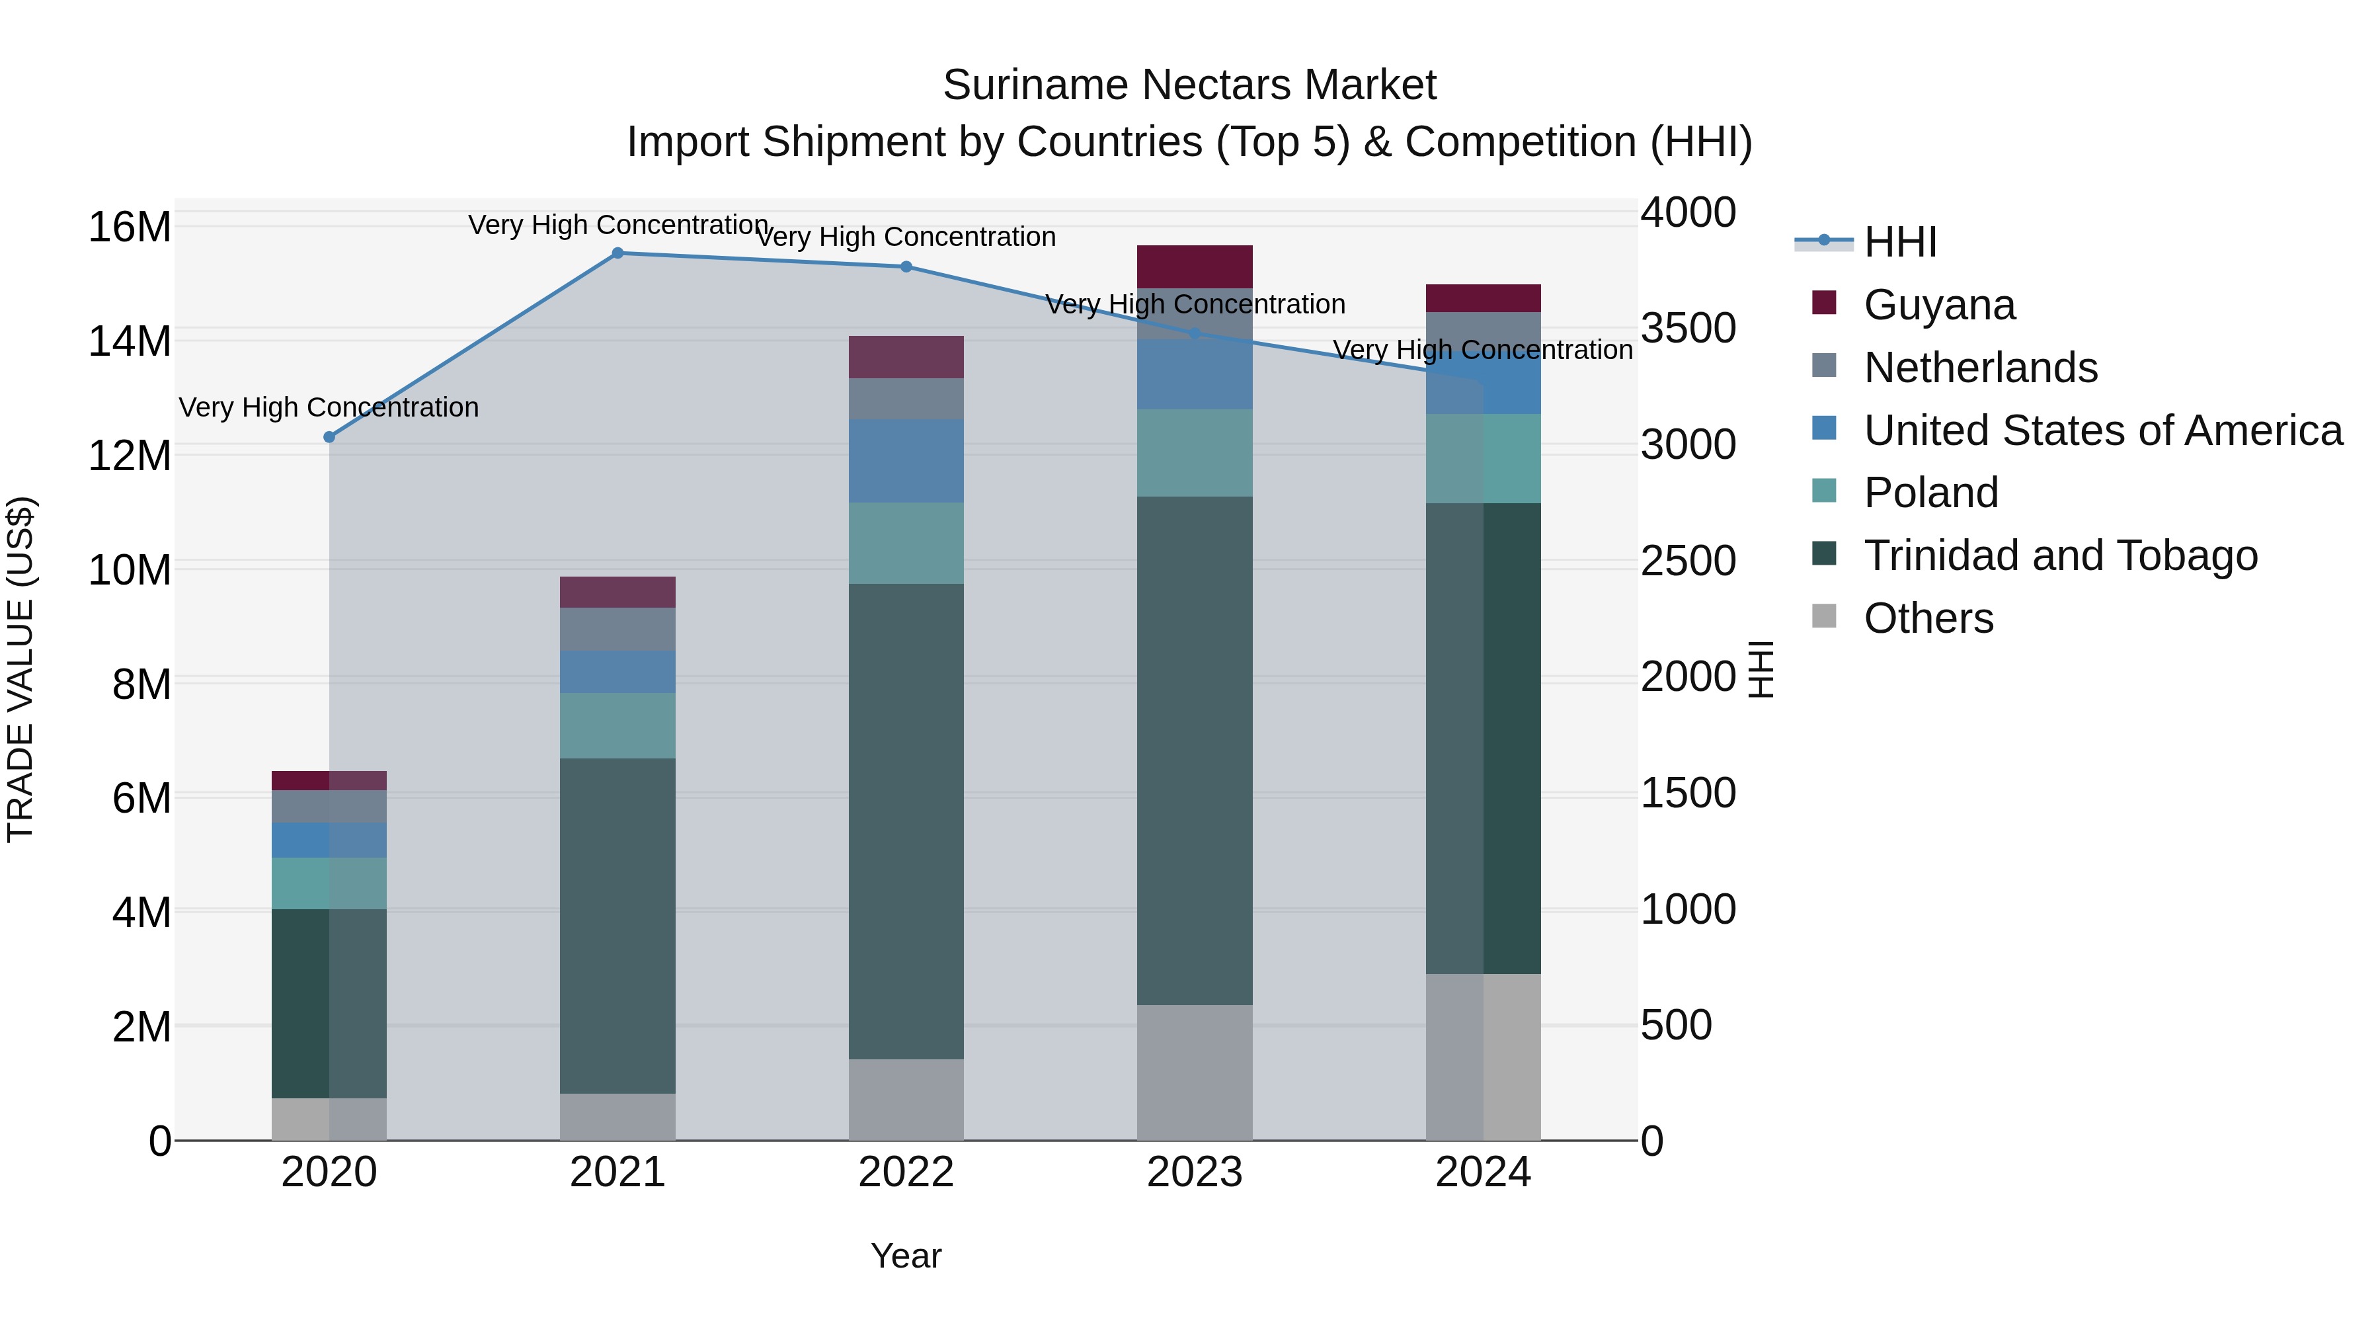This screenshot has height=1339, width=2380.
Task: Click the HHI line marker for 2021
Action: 618,253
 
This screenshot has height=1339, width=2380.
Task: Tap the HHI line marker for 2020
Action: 329,437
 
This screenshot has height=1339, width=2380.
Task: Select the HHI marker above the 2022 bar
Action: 906,267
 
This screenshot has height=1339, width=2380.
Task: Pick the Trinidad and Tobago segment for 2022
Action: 906,821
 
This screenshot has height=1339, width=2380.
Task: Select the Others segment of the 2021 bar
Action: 617,1116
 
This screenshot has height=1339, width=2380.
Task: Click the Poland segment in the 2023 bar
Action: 1195,453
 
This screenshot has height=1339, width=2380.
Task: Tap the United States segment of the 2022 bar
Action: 906,460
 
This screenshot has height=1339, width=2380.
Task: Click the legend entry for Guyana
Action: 1938,305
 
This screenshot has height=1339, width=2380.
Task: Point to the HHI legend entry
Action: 1899,242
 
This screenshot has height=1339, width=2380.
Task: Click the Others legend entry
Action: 1928,618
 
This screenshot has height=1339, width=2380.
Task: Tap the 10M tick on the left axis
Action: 130,570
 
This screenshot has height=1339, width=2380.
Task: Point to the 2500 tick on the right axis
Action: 1687,561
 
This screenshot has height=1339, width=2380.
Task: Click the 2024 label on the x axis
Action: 1483,1172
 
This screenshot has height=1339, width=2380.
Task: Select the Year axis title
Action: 906,1256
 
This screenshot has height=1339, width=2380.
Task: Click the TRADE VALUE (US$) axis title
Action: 20,669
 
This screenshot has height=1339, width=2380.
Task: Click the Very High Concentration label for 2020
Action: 329,407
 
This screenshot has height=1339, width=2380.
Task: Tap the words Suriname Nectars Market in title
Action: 1189,85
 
